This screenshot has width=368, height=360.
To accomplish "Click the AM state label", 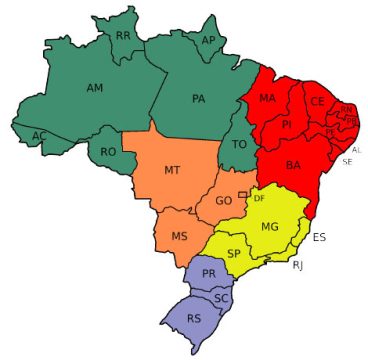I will click(x=95, y=89).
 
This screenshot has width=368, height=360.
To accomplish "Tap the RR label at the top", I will click(x=123, y=36).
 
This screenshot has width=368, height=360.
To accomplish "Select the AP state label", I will click(x=209, y=40).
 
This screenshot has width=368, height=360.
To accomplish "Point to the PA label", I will click(x=198, y=99).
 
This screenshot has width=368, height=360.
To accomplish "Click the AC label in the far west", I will click(x=39, y=135).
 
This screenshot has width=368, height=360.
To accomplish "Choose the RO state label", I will click(x=109, y=152).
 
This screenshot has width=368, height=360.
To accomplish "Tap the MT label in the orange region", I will click(x=172, y=170).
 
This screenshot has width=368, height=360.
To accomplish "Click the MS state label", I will click(x=179, y=237).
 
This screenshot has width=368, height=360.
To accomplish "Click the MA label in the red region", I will click(x=267, y=99).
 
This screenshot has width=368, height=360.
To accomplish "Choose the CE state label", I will click(x=317, y=101).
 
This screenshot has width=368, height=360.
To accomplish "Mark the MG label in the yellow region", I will click(x=269, y=227).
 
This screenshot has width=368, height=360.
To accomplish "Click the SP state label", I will click(x=233, y=254).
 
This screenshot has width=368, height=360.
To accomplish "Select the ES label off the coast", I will click(x=319, y=237).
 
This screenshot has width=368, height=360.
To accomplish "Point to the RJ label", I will click(x=297, y=265).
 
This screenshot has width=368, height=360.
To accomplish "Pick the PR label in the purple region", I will click(x=209, y=273).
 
